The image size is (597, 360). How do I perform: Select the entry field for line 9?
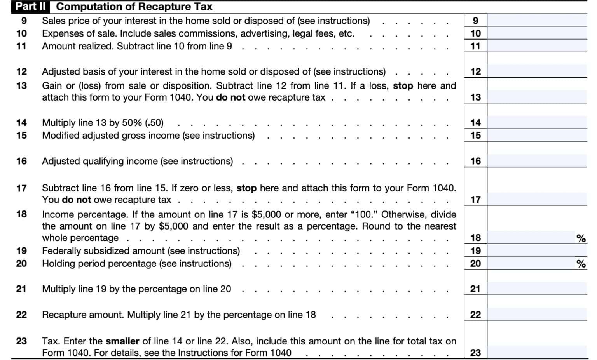537,20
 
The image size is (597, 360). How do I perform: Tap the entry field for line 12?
537,71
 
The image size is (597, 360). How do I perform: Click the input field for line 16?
537,161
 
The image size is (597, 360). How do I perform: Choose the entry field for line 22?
537,314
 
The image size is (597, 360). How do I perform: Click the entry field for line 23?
537,352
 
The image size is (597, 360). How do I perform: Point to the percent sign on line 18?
581,238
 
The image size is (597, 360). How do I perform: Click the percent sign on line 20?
581,264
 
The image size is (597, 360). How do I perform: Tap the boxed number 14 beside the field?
475,123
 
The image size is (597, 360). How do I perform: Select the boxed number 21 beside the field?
475,289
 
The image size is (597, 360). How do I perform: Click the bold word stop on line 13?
403,86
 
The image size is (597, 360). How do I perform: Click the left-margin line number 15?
21,136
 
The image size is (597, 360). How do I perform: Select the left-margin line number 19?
21,251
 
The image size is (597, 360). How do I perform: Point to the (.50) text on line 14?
154,123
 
